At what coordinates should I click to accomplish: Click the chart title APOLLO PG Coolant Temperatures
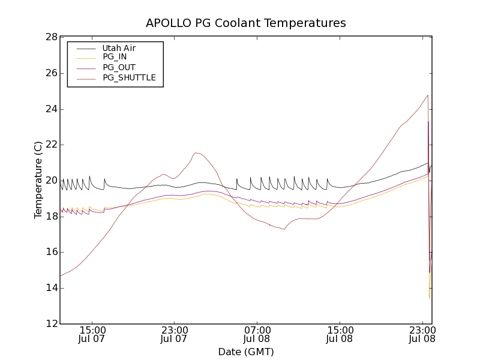tap(246, 23)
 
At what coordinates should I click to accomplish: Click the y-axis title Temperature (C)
tap(38, 180)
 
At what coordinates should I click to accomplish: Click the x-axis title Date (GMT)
tap(246, 352)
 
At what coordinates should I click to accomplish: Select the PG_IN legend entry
tap(115, 58)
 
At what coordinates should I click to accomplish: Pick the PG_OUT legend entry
tap(118, 68)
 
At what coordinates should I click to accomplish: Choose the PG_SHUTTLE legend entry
tap(129, 77)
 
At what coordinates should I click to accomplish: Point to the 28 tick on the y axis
tap(50, 37)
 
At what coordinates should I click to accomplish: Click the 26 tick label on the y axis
tap(50, 73)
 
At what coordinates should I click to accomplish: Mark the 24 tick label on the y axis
tap(50, 109)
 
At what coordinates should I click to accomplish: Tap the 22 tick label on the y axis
tap(50, 145)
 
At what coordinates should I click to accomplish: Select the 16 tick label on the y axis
tap(50, 252)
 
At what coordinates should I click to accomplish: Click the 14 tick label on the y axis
tap(50, 288)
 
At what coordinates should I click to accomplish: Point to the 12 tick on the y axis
tap(50, 324)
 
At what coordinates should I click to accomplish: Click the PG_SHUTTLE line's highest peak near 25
tap(428, 95)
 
